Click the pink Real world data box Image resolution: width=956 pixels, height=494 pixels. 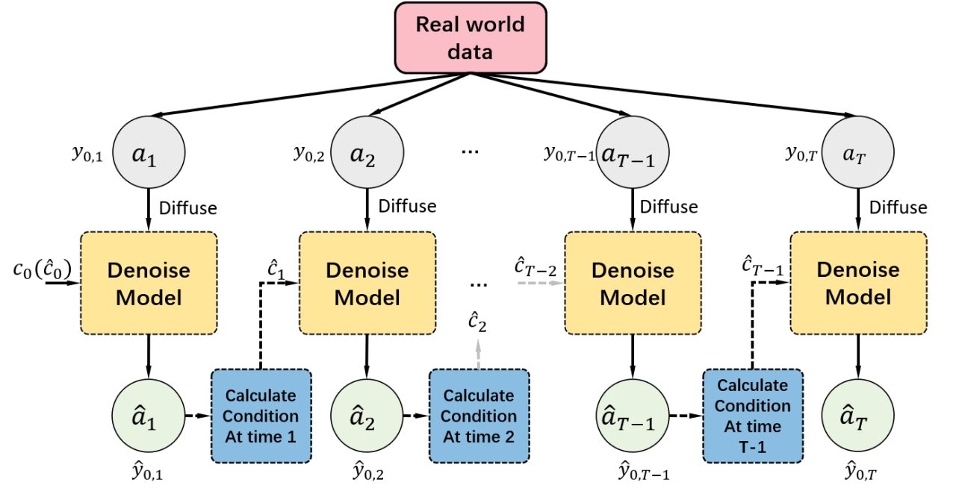(471, 38)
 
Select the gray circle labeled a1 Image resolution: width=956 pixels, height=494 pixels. (149, 152)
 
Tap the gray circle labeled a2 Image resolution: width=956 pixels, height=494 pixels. (367, 152)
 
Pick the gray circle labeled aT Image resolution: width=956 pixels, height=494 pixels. (858, 152)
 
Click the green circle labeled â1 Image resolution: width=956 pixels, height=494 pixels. (149, 416)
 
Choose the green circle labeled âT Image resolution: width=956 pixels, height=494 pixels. (858, 416)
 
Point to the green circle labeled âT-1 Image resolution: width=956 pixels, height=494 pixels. (633, 416)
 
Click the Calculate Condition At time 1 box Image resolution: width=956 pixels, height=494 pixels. (261, 416)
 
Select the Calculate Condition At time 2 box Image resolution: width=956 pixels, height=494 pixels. (479, 416)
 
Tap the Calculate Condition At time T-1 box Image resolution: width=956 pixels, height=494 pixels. (753, 416)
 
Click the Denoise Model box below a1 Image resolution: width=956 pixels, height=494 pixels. (149, 283)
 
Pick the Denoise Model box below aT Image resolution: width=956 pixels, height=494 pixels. (858, 283)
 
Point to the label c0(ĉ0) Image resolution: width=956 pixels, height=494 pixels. (43, 269)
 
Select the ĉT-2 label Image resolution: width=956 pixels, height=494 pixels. (536, 267)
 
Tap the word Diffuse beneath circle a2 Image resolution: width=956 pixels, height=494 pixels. (407, 207)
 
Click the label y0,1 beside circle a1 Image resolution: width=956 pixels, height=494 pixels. (87, 154)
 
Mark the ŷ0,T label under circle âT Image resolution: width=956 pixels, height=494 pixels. (860, 471)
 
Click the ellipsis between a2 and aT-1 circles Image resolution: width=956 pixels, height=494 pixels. (470, 151)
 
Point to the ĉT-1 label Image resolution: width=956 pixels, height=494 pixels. (763, 266)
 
